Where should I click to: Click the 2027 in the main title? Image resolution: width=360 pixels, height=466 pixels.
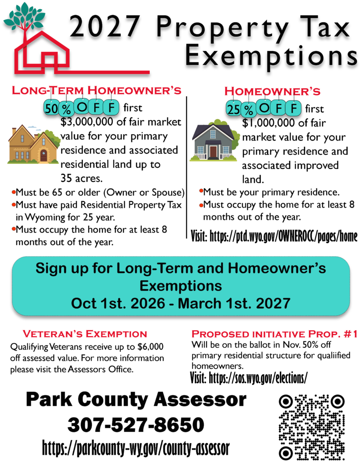(105, 26)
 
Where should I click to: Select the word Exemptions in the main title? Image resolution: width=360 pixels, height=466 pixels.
(271, 56)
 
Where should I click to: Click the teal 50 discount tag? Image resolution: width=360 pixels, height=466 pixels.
(51, 108)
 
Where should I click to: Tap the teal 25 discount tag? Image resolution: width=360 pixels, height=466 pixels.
(233, 109)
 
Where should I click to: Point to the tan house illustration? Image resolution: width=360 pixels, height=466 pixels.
(33, 144)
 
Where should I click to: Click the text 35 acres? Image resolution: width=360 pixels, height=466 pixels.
(81, 178)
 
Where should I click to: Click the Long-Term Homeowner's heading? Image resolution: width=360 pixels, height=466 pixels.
(96, 91)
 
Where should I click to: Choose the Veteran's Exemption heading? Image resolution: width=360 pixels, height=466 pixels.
(85, 334)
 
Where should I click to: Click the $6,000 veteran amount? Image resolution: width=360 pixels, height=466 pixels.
(151, 347)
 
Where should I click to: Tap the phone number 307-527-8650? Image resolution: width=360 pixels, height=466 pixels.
(136, 425)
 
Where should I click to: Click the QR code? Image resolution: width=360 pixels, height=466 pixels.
(312, 427)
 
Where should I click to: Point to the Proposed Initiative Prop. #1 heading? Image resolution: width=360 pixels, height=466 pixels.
(274, 334)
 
